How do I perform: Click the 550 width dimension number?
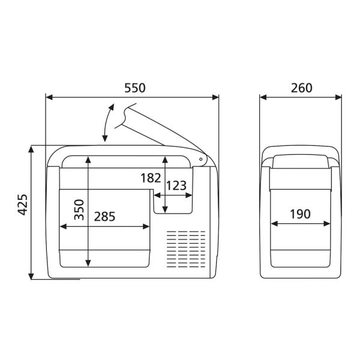click(134, 88)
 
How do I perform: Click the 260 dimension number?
click(301, 88)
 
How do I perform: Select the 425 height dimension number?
click(22, 206)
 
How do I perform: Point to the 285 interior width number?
click(104, 215)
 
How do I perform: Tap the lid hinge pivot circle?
click(200, 159)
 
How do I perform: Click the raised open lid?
click(162, 129)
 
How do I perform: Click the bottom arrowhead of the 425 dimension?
click(31, 275)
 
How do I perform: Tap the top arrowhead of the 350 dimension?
click(88, 159)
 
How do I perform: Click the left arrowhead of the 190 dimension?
click(274, 224)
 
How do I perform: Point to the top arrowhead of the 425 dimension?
click(31, 149)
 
